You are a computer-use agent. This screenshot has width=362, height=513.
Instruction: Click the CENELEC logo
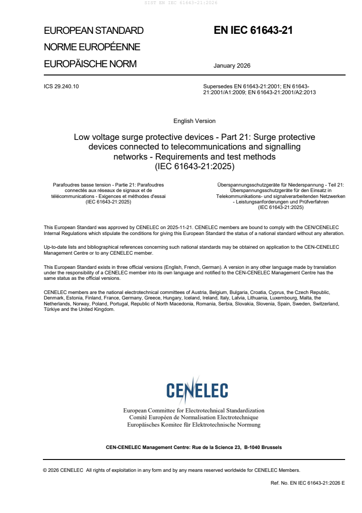click(x=197, y=390)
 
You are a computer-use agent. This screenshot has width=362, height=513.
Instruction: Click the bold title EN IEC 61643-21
click(x=253, y=31)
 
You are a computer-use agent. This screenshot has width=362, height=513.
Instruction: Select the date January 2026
click(x=232, y=65)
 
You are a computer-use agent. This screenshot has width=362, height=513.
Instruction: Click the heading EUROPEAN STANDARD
click(x=94, y=31)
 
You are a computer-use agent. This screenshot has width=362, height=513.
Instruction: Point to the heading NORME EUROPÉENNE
click(x=92, y=47)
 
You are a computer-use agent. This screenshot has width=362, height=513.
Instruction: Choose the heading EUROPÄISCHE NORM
click(x=90, y=64)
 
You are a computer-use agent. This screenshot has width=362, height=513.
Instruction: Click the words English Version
click(x=194, y=121)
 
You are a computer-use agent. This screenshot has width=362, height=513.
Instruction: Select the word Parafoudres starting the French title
click(x=67, y=185)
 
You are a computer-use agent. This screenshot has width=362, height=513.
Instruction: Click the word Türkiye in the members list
click(x=52, y=310)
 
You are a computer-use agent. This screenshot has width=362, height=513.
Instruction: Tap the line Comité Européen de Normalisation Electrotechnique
click(x=194, y=417)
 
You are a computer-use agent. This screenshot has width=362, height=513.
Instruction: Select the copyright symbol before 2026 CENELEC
click(x=45, y=470)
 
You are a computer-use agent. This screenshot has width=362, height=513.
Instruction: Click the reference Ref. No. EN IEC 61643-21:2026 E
click(x=308, y=483)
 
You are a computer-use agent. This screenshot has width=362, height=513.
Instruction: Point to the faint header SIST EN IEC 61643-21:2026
click(x=181, y=3)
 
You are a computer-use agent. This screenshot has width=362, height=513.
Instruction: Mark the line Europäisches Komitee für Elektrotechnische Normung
click(x=194, y=425)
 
